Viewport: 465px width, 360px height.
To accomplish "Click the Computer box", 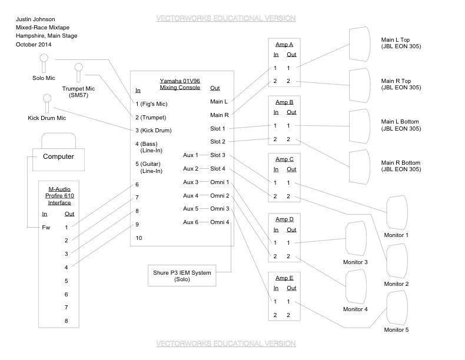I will (58, 156).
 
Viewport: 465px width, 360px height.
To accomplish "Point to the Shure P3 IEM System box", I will (182, 275).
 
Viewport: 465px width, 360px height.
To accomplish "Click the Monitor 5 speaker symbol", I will (397, 309).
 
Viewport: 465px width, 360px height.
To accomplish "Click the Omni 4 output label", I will (220, 222).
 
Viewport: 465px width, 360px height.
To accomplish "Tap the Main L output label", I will (218, 102).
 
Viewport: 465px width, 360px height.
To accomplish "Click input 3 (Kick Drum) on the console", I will (154, 130).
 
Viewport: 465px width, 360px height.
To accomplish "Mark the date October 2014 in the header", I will (34, 45).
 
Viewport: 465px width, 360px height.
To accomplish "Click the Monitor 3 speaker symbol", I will (357, 239).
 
